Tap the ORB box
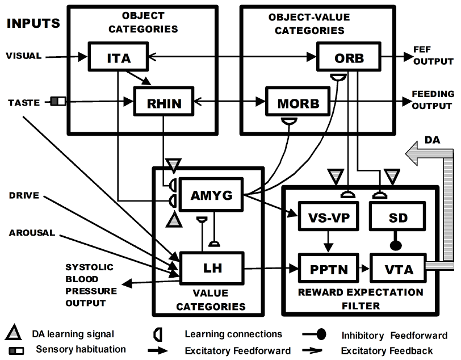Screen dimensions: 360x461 [349, 57]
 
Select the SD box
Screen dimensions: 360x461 [395, 217]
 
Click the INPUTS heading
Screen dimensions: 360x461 [33, 24]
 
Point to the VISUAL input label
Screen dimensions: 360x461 [23, 56]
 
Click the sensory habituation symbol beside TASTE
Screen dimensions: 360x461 [58, 102]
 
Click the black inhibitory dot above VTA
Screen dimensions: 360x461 [395, 246]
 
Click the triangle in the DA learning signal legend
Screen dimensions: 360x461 [16, 334]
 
